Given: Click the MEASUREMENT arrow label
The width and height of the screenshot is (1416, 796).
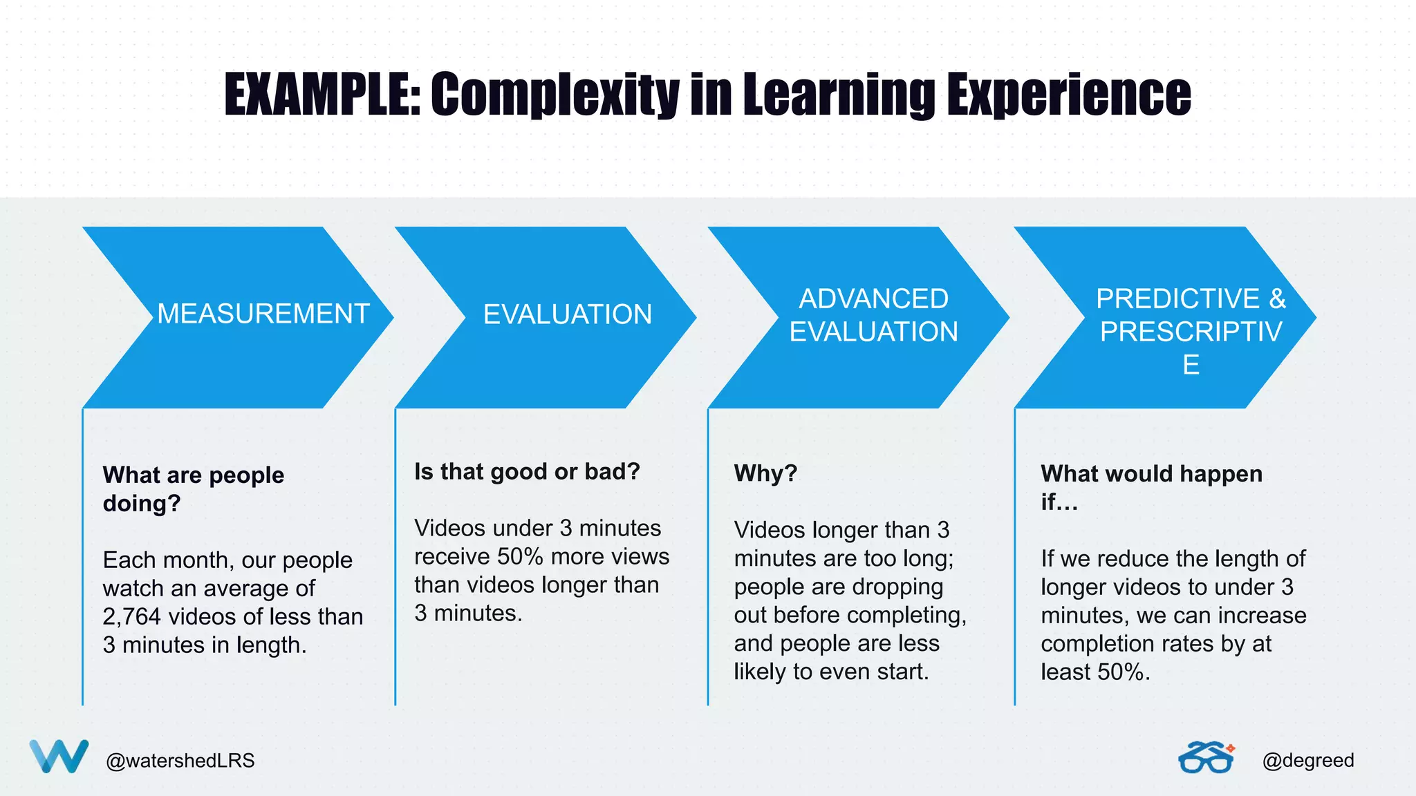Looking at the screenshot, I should click(x=263, y=314).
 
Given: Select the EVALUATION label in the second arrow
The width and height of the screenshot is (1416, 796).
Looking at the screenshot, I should click(x=567, y=314).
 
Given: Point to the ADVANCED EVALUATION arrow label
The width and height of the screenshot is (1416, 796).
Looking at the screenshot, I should click(x=873, y=315).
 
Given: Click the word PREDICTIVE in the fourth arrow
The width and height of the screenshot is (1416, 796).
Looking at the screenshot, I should click(x=1177, y=298).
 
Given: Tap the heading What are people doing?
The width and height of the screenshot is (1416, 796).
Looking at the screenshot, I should click(x=193, y=489).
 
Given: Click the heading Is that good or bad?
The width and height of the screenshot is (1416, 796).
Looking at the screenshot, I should click(x=527, y=471).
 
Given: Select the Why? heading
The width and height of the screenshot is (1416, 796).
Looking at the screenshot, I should click(x=765, y=473).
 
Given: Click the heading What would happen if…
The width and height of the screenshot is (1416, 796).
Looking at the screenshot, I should click(x=1151, y=487).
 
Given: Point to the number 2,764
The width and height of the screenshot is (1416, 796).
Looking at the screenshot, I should click(x=131, y=616).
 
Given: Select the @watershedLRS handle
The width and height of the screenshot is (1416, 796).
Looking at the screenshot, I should click(x=180, y=761).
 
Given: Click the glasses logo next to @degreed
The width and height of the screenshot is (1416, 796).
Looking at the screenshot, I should click(x=1206, y=758).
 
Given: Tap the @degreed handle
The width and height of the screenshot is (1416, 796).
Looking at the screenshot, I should click(x=1307, y=760).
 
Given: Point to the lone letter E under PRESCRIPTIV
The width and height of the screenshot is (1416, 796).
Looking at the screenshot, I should click(x=1191, y=365).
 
